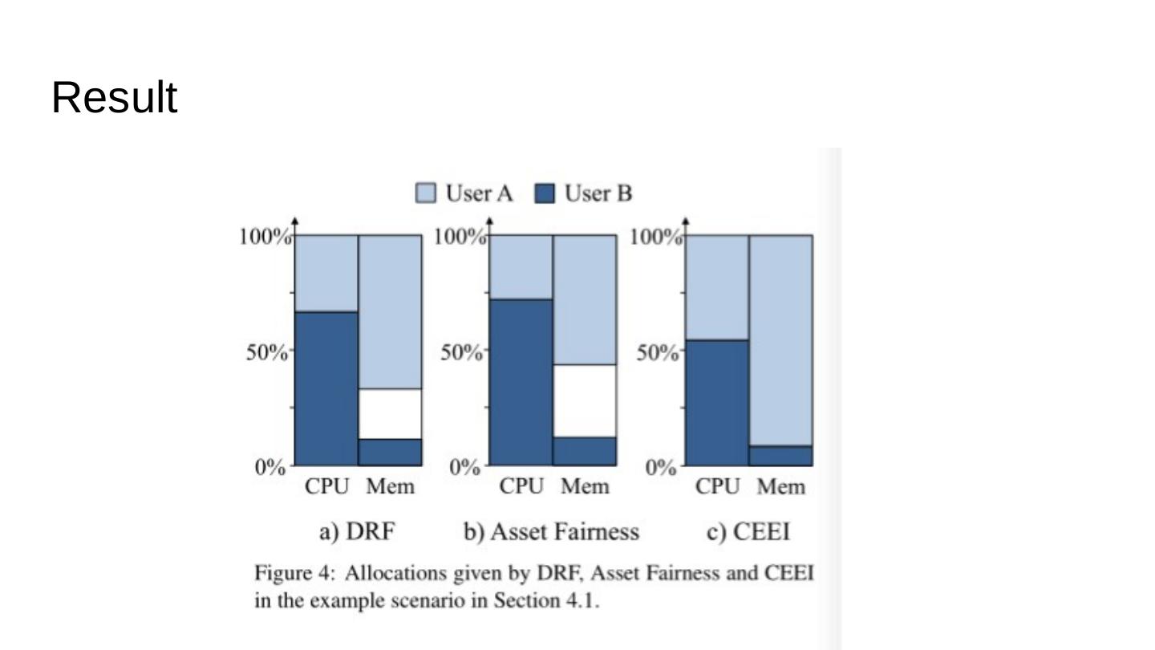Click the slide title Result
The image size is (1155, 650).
(114, 98)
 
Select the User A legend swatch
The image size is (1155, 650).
(426, 193)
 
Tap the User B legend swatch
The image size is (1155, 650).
(545, 193)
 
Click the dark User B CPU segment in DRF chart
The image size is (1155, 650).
(326, 388)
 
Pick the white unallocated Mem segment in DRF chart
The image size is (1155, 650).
(390, 414)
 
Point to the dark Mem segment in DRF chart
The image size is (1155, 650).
(390, 452)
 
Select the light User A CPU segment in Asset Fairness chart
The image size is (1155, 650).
(521, 266)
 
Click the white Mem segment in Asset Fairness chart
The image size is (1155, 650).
(585, 400)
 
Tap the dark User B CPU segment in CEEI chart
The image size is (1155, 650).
(717, 402)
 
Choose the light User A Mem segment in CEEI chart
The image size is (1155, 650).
(781, 340)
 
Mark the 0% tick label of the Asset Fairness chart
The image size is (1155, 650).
(464, 467)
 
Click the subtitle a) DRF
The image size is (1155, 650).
(357, 532)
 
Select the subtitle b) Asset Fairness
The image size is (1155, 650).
(552, 532)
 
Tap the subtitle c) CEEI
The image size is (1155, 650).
(748, 532)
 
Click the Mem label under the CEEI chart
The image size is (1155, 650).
(781, 486)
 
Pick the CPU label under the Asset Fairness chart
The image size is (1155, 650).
(521, 486)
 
